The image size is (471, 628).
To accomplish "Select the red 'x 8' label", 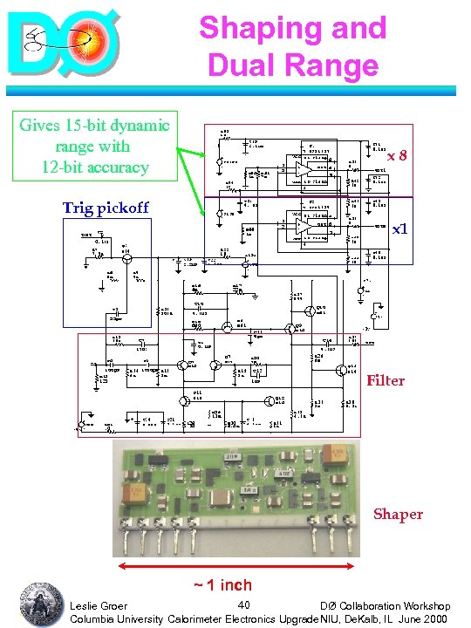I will point(399,155).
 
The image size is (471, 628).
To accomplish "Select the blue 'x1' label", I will point(399,229).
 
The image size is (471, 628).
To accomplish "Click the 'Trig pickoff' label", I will point(106,208).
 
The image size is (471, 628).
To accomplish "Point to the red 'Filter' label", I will point(386,380).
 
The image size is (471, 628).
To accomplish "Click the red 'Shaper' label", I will point(398,514).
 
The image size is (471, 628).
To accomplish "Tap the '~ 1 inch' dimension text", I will point(222,585).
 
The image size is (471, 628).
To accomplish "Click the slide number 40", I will point(245,604).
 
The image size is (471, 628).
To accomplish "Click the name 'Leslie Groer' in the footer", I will point(99,605).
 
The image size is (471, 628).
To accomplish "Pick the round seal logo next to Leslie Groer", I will point(39,601).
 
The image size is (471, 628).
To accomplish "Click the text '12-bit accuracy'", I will point(95,166).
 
